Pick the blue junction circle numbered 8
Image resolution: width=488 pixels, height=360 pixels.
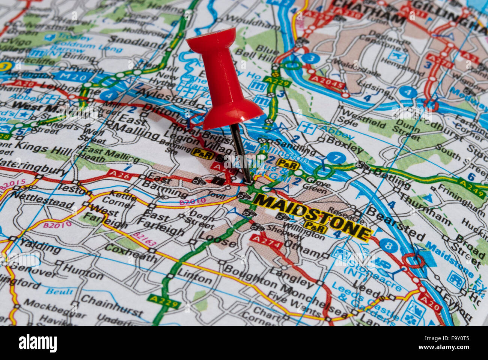[389, 246]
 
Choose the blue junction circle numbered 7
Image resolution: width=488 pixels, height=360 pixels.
[336, 158]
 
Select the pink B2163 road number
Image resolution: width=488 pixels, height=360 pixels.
[145, 239]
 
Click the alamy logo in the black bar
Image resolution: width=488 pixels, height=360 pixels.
[38, 343]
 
